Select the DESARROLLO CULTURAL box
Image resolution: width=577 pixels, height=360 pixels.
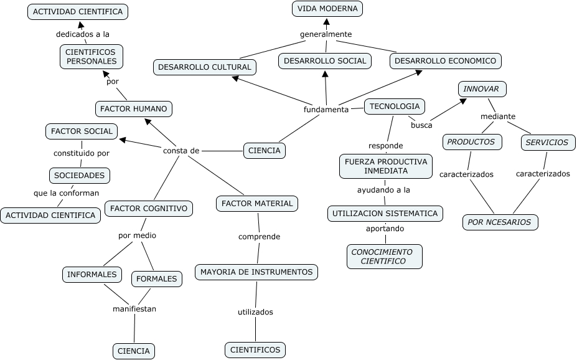pyautogui.click(x=204, y=67)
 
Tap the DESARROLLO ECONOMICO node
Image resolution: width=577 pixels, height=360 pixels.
pyautogui.click(x=445, y=60)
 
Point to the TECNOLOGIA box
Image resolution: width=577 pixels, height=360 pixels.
pyautogui.click(x=395, y=106)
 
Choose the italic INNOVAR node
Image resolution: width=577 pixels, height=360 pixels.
pyautogui.click(x=481, y=89)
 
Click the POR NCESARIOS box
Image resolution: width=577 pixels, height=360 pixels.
pyautogui.click(x=499, y=222)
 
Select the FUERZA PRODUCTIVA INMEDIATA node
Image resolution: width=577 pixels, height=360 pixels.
pyautogui.click(x=386, y=166)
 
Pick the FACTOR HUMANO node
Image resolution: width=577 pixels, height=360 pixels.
pyautogui.click(x=134, y=108)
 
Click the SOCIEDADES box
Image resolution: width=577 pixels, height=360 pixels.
pyautogui.click(x=79, y=175)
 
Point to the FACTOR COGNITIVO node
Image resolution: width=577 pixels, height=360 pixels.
pyautogui.click(x=148, y=208)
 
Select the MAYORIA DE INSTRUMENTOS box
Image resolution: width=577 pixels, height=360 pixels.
pyautogui.click(x=256, y=272)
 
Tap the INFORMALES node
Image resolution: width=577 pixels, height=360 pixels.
pyautogui.click(x=91, y=274)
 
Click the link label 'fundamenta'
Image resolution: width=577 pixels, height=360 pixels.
pyautogui.click(x=326, y=110)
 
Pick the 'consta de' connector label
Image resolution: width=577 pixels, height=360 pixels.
pyautogui.click(x=181, y=150)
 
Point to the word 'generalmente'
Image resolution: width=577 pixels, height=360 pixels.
pyautogui.click(x=326, y=34)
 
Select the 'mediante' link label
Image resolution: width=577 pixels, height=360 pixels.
pyautogui.click(x=498, y=116)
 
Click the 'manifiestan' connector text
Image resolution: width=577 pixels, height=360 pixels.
pyautogui.click(x=134, y=308)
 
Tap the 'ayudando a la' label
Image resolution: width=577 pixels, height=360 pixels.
pyautogui.click(x=383, y=189)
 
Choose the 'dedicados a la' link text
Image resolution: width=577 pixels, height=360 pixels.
pyautogui.click(x=83, y=34)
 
